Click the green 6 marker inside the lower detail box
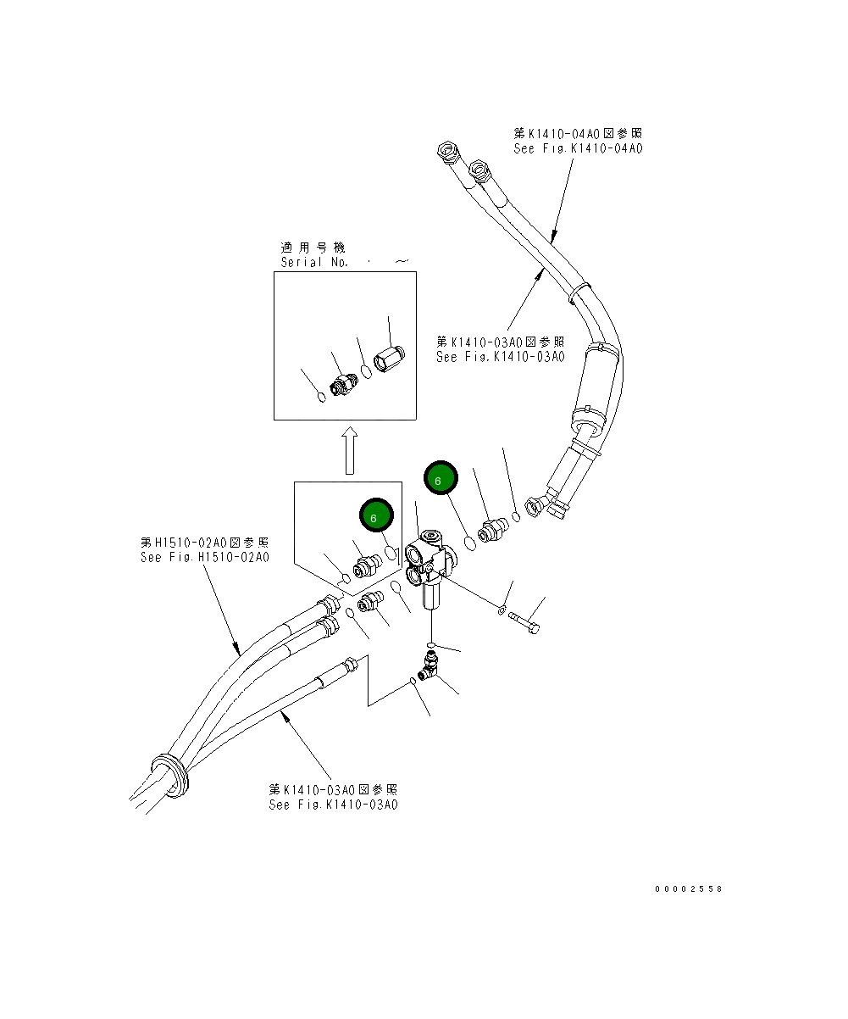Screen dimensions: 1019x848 click(x=375, y=515)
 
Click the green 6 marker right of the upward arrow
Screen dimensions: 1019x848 click(x=440, y=480)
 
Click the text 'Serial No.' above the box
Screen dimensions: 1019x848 click(x=314, y=263)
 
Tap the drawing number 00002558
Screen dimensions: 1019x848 click(x=688, y=889)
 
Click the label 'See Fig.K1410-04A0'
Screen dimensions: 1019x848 click(x=578, y=148)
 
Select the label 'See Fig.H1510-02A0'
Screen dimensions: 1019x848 click(x=204, y=558)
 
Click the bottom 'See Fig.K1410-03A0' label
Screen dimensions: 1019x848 click(x=333, y=805)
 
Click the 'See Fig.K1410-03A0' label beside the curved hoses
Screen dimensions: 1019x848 click(x=500, y=357)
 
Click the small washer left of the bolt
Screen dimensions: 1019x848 click(x=502, y=609)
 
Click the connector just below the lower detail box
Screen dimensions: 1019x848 click(x=370, y=603)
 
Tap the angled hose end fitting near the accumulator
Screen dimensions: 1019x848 click(x=546, y=507)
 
